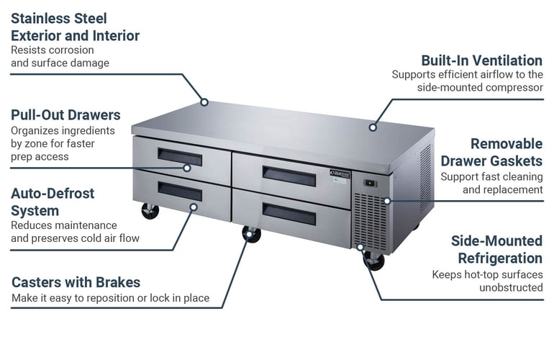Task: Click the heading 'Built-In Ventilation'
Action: tap(481, 60)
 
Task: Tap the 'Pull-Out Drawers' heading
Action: tap(65, 115)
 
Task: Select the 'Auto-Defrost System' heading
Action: tap(53, 202)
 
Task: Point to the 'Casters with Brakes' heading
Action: tap(76, 282)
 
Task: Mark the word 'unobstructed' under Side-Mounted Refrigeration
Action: tap(511, 287)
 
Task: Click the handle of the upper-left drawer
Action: tap(180, 156)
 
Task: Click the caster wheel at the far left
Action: tap(150, 211)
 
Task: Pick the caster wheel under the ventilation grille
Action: tap(374, 261)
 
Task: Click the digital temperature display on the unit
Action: tap(370, 184)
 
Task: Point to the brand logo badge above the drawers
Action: tap(338, 174)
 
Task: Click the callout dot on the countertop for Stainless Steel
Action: tap(204, 102)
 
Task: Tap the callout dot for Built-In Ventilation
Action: tap(373, 127)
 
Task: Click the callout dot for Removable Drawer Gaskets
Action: tap(387, 200)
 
